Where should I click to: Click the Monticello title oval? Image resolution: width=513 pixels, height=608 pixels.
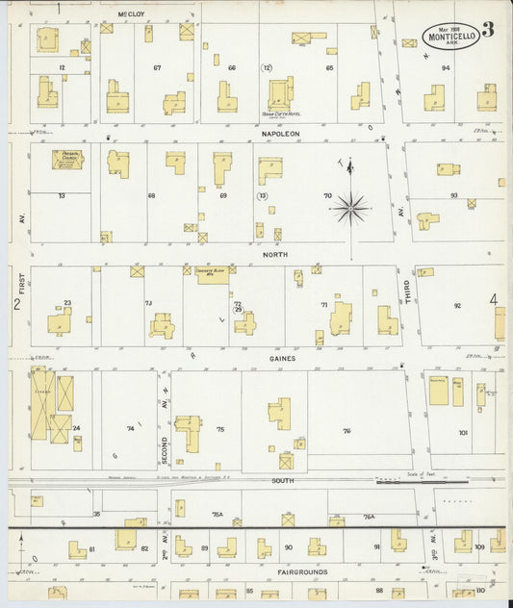click(450, 35)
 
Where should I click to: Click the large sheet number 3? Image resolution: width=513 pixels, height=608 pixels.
click(489, 28)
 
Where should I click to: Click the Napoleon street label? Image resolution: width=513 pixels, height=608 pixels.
click(279, 133)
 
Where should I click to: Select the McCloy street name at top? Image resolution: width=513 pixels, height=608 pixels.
click(131, 14)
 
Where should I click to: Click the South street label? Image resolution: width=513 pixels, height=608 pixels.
click(282, 479)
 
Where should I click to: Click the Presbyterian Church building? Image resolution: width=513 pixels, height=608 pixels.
click(68, 159)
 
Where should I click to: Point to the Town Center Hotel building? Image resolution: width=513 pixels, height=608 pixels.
click(279, 94)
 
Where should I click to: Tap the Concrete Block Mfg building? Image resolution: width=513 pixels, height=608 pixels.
click(213, 274)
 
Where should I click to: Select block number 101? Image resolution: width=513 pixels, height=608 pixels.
click(463, 433)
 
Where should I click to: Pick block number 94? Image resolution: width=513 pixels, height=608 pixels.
click(446, 68)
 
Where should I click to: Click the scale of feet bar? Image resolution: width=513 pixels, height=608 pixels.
click(404, 478)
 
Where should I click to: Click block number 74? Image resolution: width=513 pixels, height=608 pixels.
click(130, 428)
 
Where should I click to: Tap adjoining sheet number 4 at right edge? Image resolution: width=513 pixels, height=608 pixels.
click(494, 299)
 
